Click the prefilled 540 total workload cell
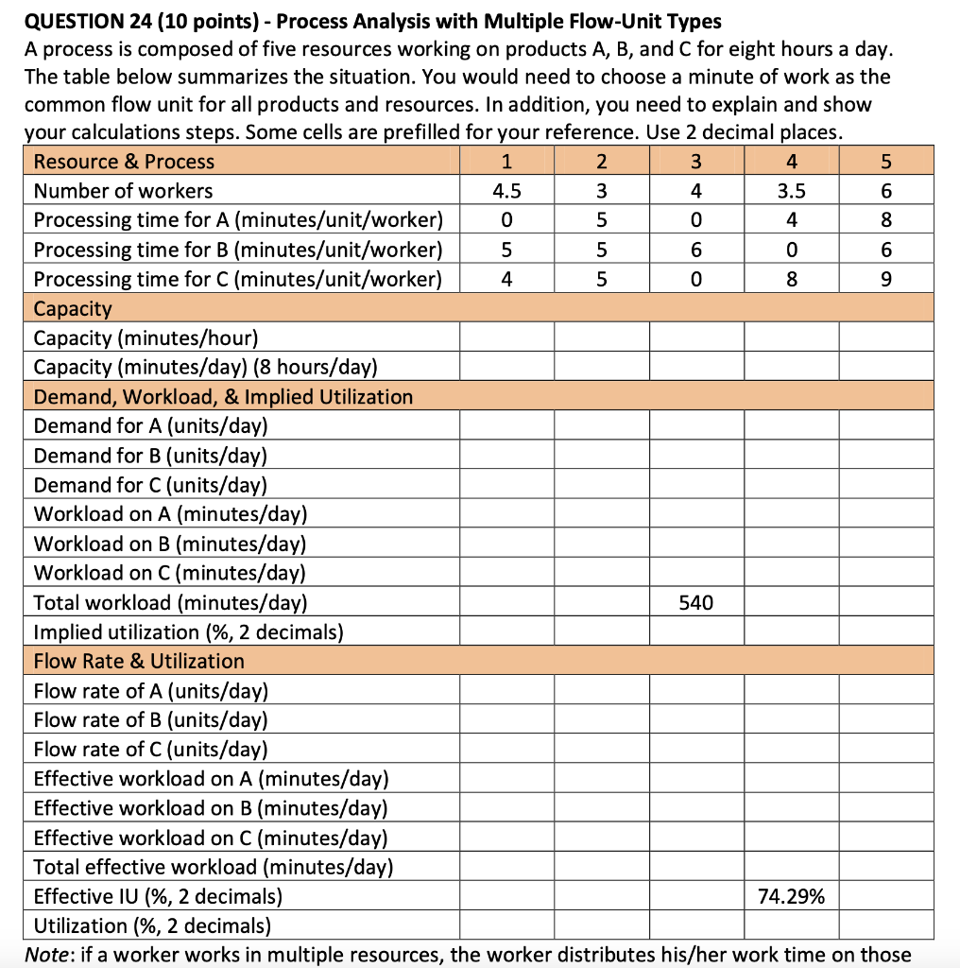pyautogui.click(x=696, y=602)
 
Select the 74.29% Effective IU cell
pyautogui.click(x=791, y=896)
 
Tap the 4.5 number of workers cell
pyautogui.click(x=506, y=191)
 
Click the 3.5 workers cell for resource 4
pyautogui.click(x=791, y=191)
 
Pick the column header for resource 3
pyautogui.click(x=696, y=162)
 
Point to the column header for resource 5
pyautogui.click(x=885, y=162)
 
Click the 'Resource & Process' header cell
pyautogui.click(x=124, y=162)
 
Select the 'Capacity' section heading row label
pyautogui.click(x=73, y=309)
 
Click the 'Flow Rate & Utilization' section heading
pyautogui.click(x=139, y=661)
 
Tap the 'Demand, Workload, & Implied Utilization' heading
pyautogui.click(x=223, y=397)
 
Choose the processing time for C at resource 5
pyautogui.click(x=885, y=280)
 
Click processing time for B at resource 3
pyautogui.click(x=696, y=250)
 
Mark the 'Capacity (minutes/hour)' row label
pyautogui.click(x=146, y=338)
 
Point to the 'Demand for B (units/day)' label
pyautogui.click(x=150, y=456)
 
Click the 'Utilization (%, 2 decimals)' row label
pyautogui.click(x=152, y=925)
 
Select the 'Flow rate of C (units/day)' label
pyautogui.click(x=150, y=750)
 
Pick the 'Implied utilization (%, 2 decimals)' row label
pyautogui.click(x=188, y=631)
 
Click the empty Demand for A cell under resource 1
pyautogui.click(x=506, y=426)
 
